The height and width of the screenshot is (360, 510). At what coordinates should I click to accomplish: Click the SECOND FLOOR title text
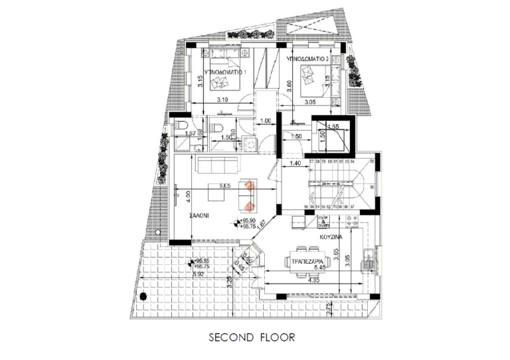[252, 337]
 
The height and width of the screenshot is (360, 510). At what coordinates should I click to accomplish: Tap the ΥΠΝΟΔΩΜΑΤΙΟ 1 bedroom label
[225, 70]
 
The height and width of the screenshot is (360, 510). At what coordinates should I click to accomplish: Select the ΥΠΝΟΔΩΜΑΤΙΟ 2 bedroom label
[307, 59]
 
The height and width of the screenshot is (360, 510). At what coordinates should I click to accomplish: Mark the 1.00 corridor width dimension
[266, 121]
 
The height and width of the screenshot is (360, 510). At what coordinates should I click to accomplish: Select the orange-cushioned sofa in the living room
[249, 193]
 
